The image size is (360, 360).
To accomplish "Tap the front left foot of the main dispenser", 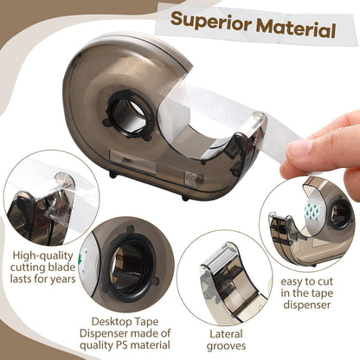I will [x=112, y=176].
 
